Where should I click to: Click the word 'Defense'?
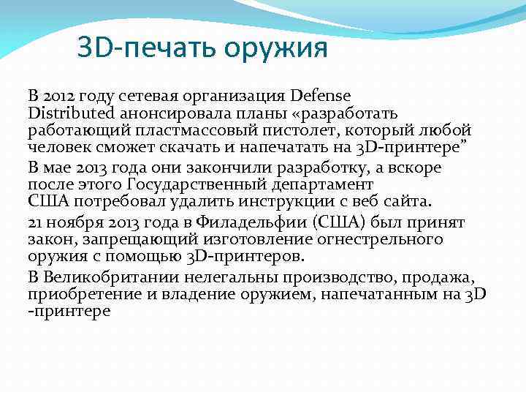coord(320,96)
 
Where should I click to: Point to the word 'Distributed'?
coord(71,113)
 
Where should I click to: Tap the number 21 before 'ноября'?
coord(35,221)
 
